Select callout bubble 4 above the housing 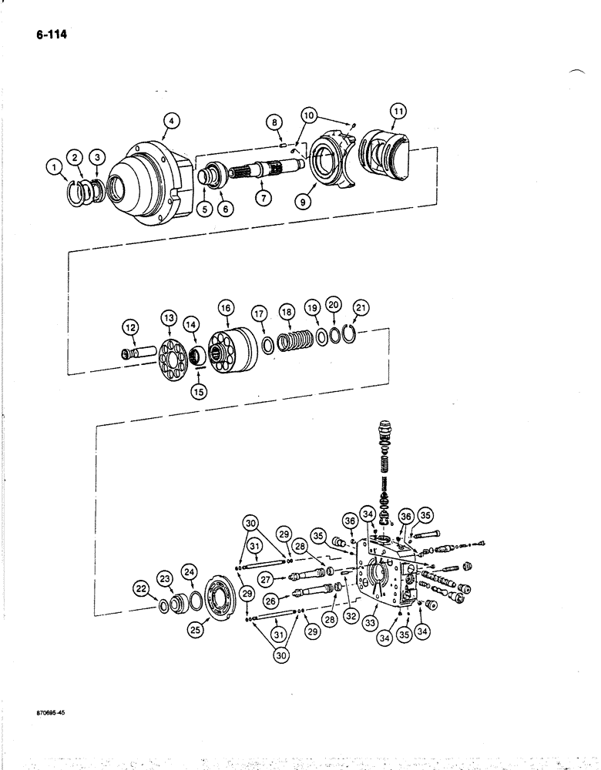point(172,120)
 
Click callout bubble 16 point(226,308)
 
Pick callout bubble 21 point(360,308)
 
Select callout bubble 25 point(196,629)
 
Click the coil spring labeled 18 point(293,340)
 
